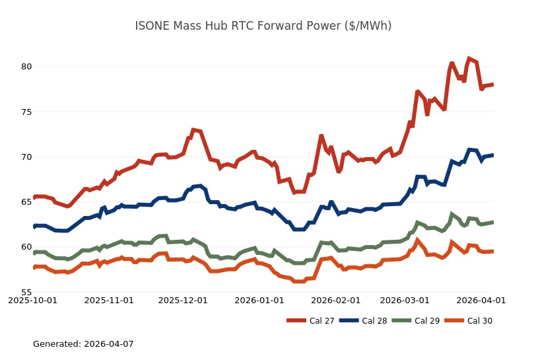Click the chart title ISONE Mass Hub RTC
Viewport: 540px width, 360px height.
click(263, 26)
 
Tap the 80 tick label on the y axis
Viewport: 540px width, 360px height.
click(26, 67)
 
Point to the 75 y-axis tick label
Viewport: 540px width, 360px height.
click(26, 112)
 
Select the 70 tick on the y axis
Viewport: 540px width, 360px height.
click(26, 157)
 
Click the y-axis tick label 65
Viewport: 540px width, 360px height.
click(26, 202)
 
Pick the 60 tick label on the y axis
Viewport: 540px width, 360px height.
click(26, 247)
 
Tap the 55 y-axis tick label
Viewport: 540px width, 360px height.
click(26, 293)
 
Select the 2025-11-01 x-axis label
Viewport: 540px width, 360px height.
click(110, 300)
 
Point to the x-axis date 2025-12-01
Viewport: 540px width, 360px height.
click(183, 300)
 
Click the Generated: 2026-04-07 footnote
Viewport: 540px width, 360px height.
click(83, 344)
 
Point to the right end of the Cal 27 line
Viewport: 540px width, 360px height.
click(493, 85)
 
